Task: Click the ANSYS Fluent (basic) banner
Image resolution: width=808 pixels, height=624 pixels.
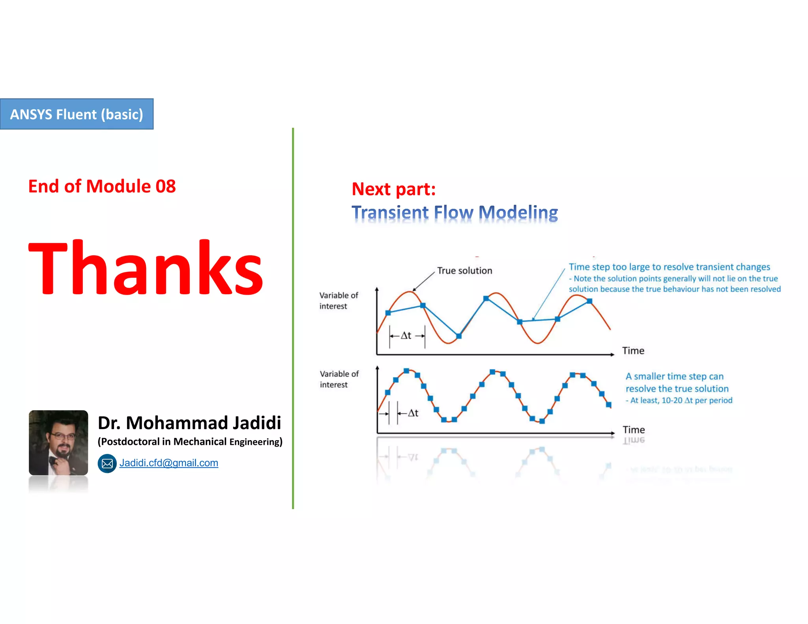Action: pos(77,114)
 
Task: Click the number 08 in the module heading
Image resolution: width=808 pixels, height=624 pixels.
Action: pos(165,187)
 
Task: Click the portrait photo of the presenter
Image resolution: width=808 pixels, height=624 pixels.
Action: pos(58,443)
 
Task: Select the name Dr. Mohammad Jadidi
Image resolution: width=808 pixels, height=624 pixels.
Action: pos(189,423)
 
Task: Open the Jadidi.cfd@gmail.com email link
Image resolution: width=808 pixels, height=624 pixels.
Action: pos(168,463)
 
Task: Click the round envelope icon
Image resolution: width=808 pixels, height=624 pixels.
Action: pos(107,463)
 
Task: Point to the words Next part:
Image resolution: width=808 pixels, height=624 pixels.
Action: pos(393,189)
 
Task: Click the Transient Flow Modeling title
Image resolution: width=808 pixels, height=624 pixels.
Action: pos(454,213)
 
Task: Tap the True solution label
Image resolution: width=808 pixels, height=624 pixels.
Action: pos(464,271)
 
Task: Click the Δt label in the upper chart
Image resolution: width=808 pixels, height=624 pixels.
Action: pos(406,336)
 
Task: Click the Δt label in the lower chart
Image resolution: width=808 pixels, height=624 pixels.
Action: pos(413,413)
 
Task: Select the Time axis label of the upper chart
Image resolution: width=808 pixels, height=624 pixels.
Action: pos(633,351)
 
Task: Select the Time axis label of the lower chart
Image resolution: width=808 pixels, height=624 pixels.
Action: pos(634,430)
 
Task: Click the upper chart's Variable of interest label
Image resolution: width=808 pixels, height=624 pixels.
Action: pos(339,301)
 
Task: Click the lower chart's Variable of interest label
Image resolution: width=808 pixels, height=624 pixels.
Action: pos(339,379)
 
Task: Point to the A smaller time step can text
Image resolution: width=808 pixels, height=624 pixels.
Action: pos(675,376)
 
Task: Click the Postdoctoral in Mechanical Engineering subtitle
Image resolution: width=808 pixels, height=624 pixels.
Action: pos(190,442)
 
